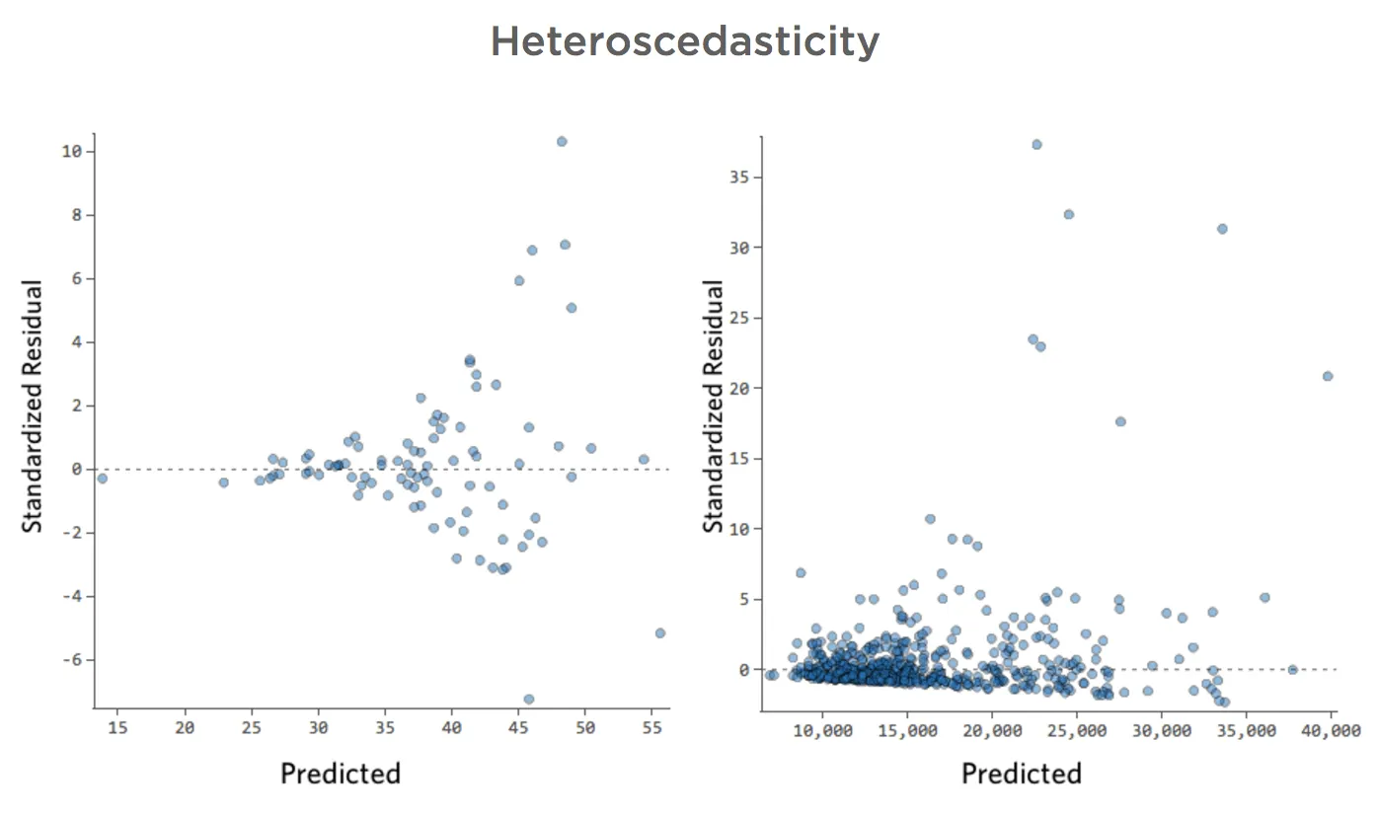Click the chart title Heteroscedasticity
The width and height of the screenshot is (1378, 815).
coord(684,41)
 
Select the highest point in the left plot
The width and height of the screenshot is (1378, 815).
coord(562,141)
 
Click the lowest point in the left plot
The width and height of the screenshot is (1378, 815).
coord(529,699)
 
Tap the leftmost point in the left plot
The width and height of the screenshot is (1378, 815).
coord(102,479)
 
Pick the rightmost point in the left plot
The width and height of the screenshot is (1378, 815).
coord(660,632)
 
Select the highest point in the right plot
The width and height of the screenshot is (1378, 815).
coord(1036,144)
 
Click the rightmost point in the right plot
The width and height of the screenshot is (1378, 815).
coord(1328,376)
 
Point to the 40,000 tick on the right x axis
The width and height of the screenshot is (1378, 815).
coord(1332,731)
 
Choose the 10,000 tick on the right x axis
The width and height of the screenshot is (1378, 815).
coord(822,731)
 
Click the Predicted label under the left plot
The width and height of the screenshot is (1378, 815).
coord(341,773)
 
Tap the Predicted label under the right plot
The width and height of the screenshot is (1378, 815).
coord(1022,773)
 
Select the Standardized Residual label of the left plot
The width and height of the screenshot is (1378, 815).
coord(33,407)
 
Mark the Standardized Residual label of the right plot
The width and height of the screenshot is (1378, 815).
coord(713,407)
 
